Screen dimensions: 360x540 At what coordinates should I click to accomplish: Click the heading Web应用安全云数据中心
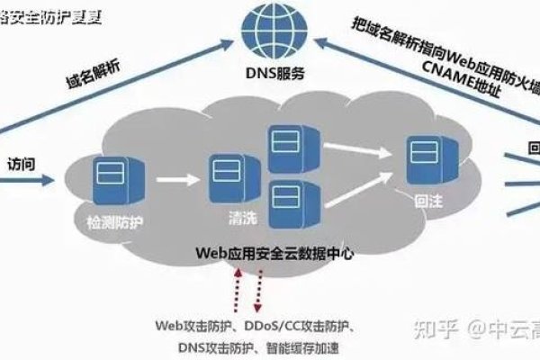point(276,255)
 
